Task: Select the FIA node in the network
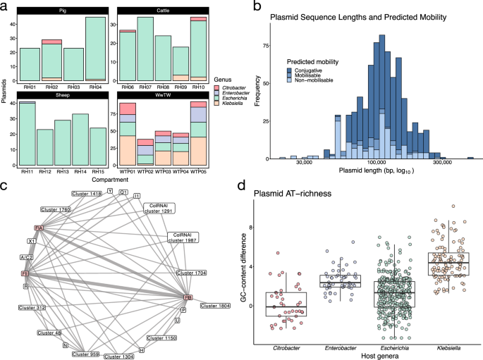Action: pos(39,228)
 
